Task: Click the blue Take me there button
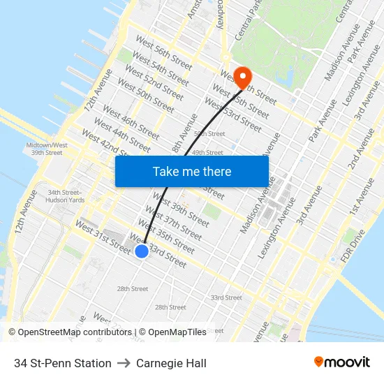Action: (192, 171)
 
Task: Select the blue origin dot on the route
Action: (141, 251)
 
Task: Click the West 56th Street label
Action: (163, 52)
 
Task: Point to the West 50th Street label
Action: (146, 95)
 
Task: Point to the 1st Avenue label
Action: (364, 198)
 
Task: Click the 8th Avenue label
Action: (184, 133)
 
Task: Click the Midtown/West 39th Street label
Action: (47, 149)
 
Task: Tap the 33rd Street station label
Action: (226, 297)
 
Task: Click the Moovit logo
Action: (341, 362)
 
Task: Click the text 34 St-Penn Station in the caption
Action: (63, 363)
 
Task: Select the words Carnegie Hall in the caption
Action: (171, 363)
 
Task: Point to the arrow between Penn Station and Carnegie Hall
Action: (124, 363)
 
